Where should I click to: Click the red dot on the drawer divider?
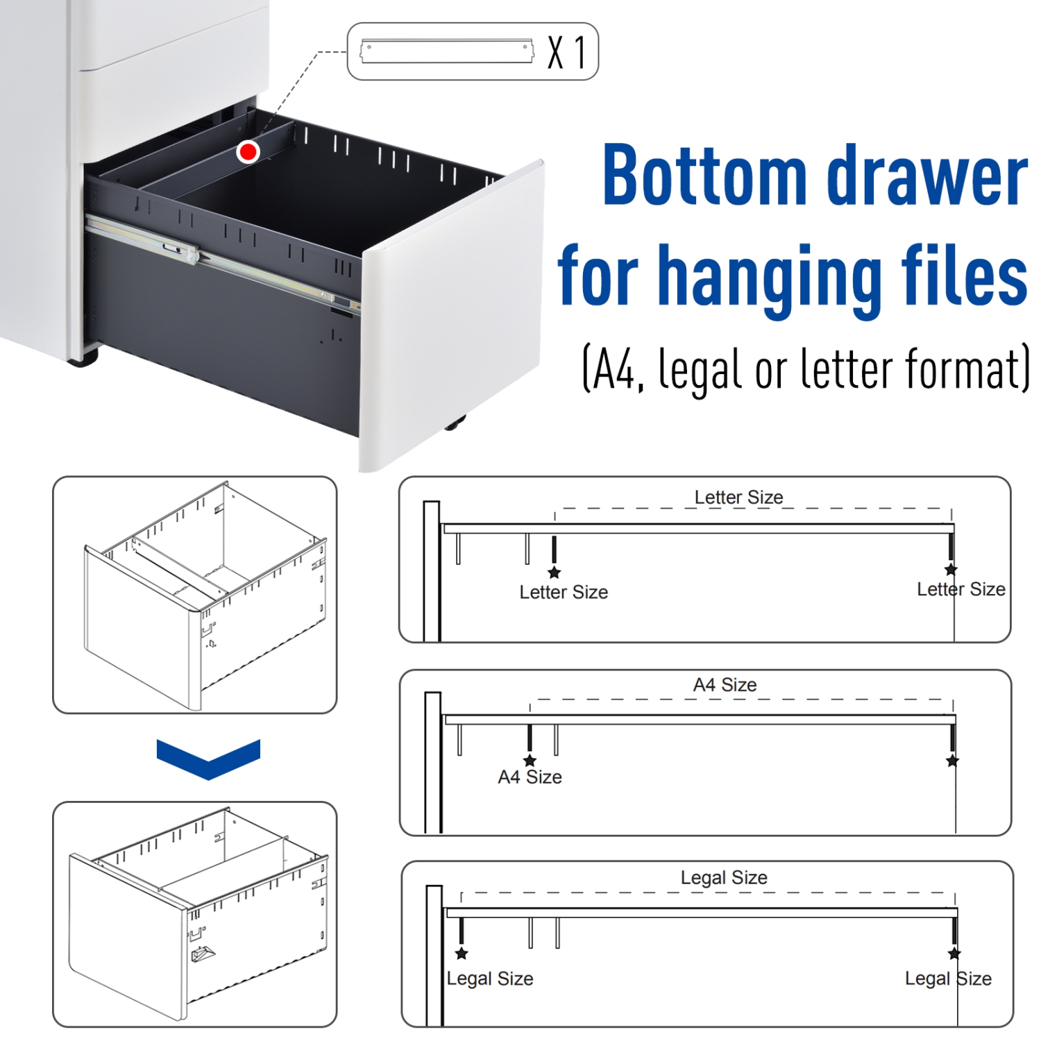coord(248,151)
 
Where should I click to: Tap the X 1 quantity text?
coord(566,52)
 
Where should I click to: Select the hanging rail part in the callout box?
coord(447,51)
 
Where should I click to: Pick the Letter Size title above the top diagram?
coord(738,497)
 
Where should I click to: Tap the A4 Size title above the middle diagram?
coord(725,685)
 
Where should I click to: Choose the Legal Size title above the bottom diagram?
coord(724,877)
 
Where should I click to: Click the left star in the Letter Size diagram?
coord(554,573)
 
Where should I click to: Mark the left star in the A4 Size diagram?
coord(530,761)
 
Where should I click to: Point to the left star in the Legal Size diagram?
coord(462,954)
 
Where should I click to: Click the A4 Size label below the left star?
coord(530,777)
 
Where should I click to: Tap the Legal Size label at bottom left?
coord(490,979)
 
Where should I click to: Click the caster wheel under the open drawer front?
coord(455,423)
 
